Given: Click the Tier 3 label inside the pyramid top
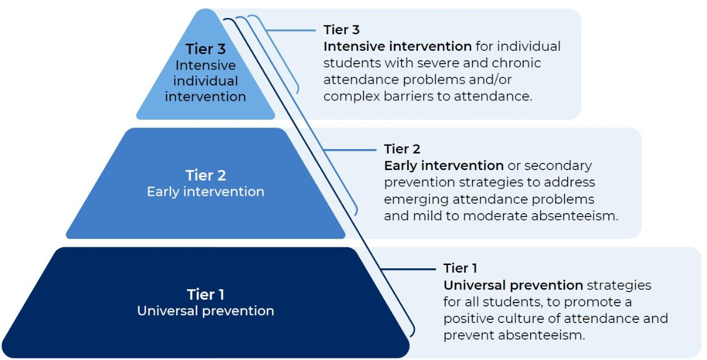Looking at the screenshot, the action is click(x=205, y=49).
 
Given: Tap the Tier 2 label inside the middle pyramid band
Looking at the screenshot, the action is click(x=205, y=176).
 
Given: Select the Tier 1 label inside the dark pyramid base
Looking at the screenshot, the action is click(x=205, y=295).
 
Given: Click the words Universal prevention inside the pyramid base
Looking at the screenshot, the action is click(x=205, y=311).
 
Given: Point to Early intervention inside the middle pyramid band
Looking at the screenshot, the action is click(x=205, y=192).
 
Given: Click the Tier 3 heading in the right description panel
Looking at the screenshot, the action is click(x=341, y=30).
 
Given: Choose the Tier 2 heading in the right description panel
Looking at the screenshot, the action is click(x=402, y=149).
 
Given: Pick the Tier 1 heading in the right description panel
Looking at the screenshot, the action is click(x=460, y=268).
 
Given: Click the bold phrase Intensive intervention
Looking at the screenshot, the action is click(x=398, y=46).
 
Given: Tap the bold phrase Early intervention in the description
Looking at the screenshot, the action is click(x=444, y=166).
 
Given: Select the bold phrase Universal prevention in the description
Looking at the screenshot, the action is click(x=513, y=285).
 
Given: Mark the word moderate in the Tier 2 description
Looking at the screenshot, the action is click(x=495, y=216).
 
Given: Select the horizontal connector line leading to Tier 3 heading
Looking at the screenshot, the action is click(x=291, y=30).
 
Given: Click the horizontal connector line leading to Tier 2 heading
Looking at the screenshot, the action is click(x=350, y=150).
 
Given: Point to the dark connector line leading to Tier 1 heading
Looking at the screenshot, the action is click(x=408, y=269).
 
